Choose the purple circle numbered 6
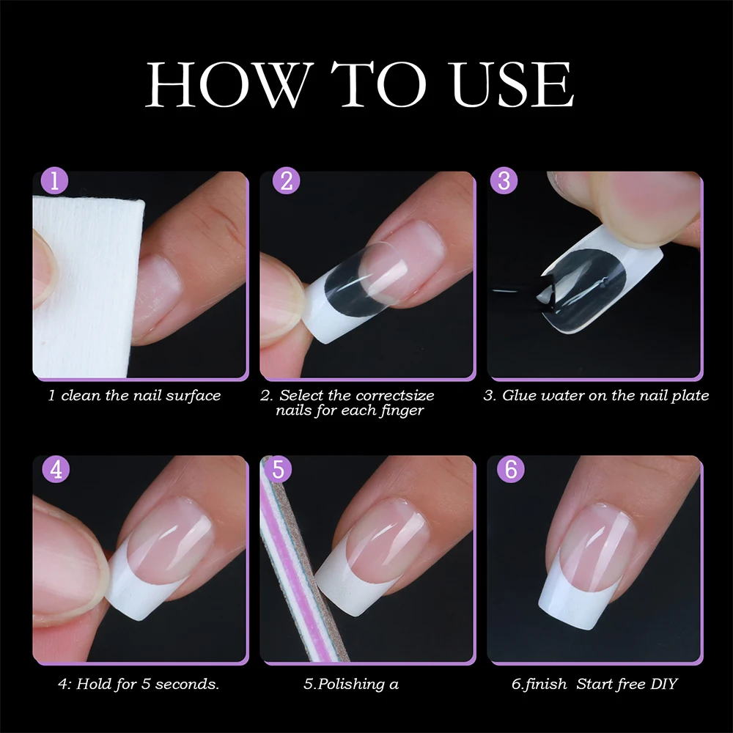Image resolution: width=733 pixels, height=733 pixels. pyautogui.click(x=511, y=470)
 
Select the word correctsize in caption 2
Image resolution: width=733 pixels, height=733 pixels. pyautogui.click(x=395, y=396)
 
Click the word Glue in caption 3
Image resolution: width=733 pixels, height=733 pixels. pyautogui.click(x=518, y=396)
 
